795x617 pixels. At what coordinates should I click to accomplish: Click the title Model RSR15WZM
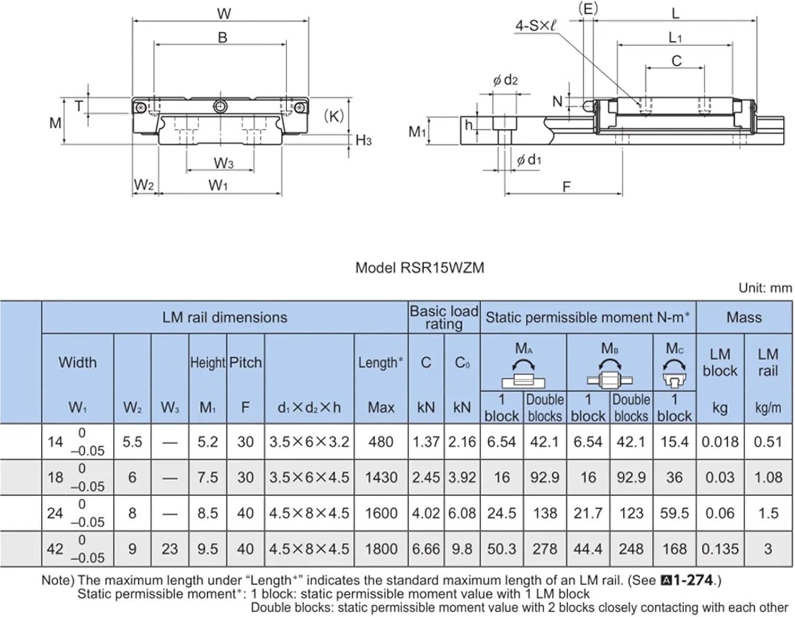coord(419,268)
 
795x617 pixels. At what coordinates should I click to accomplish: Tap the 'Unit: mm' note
coord(765,288)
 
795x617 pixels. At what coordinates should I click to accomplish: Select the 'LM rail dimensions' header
coord(225,318)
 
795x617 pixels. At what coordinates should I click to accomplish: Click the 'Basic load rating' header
coord(444,318)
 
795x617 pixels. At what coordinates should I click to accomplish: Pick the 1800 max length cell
coord(381,549)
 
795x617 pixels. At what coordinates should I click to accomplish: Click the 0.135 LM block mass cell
coord(720,549)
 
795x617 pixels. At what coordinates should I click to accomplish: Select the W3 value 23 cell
coord(170,549)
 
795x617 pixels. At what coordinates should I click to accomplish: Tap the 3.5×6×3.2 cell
coord(309,442)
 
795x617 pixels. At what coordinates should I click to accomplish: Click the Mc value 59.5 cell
coord(674,513)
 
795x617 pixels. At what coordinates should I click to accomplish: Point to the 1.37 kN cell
coord(426,442)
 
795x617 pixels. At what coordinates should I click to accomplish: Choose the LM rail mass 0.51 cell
coord(767,442)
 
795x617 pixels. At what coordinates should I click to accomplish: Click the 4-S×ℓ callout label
coord(535,25)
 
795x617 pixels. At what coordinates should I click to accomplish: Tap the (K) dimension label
coord(333,116)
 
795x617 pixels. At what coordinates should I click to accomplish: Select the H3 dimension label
coord(364,140)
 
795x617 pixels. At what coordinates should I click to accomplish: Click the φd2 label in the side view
coord(505,80)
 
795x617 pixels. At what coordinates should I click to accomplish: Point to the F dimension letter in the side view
coord(567,187)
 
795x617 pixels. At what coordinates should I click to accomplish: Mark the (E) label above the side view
coord(587,8)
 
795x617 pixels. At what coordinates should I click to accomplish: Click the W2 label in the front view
coord(144,185)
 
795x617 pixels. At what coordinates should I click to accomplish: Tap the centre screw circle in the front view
coord(220,107)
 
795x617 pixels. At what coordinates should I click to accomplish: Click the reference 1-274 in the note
coord(692,580)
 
